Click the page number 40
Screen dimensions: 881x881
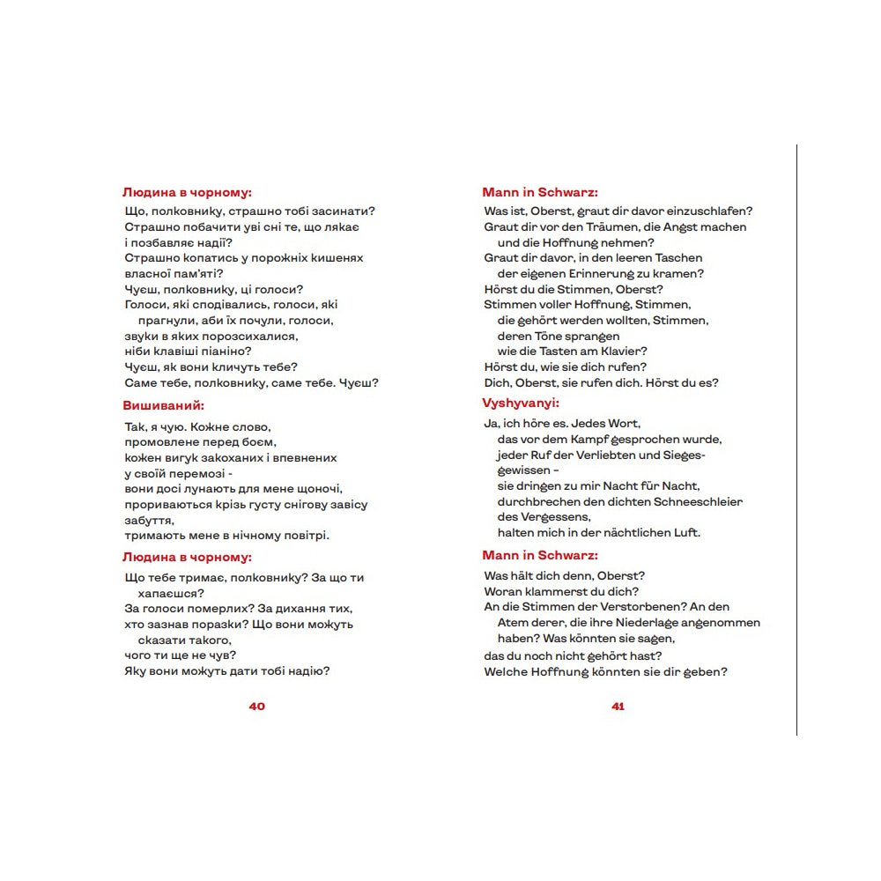(257, 707)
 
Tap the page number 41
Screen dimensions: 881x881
(618, 707)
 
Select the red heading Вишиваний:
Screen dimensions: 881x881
(164, 405)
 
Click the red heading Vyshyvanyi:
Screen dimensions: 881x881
(522, 403)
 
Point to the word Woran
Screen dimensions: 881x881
(503, 591)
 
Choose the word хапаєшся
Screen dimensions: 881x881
(171, 594)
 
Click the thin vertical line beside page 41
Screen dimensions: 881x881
(796, 440)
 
